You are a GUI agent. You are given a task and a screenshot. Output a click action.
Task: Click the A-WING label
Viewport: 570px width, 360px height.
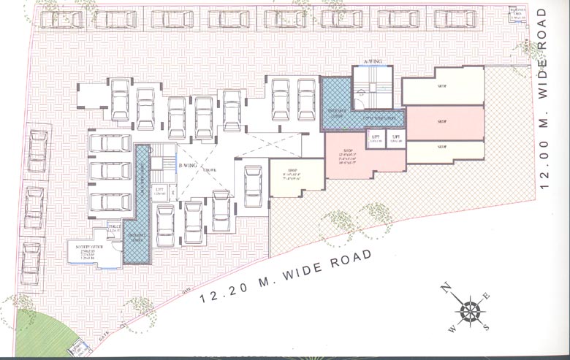[373, 61]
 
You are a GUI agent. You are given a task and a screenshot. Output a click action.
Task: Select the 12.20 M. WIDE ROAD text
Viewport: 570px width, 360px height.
[284, 277]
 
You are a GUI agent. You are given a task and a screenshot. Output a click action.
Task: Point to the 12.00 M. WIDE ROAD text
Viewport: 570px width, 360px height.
[542, 99]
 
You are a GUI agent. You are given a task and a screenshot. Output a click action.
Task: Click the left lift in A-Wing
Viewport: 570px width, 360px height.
[375, 139]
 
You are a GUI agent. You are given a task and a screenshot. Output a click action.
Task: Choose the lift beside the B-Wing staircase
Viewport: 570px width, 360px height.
[159, 193]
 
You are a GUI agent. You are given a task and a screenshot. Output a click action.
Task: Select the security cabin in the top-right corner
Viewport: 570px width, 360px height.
[517, 15]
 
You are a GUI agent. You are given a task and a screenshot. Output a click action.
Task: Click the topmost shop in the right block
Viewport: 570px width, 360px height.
[442, 88]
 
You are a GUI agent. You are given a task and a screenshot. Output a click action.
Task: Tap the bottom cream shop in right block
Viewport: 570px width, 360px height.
[444, 150]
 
